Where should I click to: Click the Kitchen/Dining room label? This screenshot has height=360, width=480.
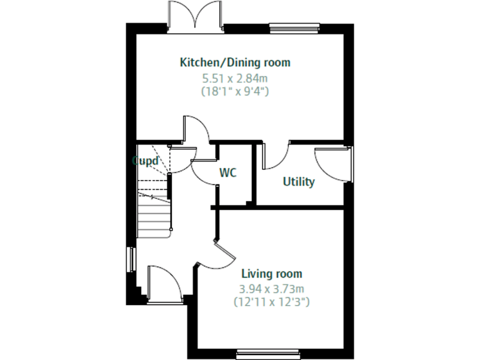pos(235,62)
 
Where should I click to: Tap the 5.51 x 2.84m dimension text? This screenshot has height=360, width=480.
pos(235,79)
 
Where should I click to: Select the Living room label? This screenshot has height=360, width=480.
pos(271,274)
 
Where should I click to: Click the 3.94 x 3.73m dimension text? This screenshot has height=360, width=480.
pos(271,289)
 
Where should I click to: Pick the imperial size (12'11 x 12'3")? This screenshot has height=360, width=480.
pos(271,302)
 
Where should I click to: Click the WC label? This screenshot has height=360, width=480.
pos(228,173)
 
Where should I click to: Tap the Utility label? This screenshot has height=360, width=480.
pos(299,182)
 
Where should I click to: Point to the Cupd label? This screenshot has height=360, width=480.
pos(144,160)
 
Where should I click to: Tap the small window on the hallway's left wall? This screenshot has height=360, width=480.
pos(132,260)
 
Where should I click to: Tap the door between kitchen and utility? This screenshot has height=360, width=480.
pos(276,156)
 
